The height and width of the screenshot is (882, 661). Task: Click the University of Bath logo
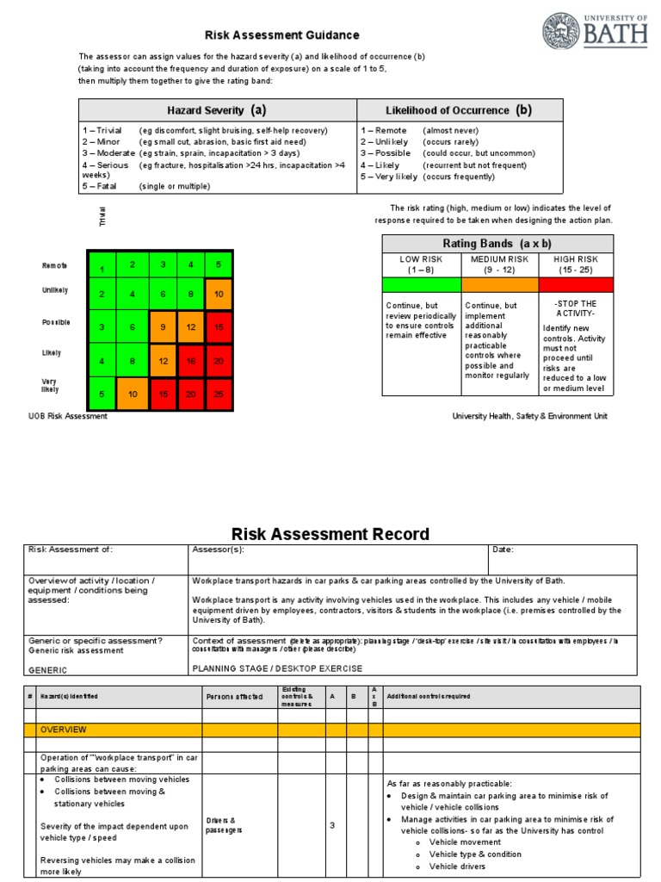pos(595,31)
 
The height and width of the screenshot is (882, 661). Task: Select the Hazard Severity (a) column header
pos(216,110)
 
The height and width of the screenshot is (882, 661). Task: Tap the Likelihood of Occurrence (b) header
pos(460,110)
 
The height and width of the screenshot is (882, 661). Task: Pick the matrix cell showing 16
pos(191,362)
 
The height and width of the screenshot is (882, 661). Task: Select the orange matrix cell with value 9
pos(162,328)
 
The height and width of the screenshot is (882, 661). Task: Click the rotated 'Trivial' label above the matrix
pos(102,216)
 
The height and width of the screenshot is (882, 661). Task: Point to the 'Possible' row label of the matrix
pos(56,322)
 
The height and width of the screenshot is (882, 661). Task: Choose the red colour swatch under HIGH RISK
pos(576,284)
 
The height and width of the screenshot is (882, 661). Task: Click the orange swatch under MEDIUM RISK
pos(499,284)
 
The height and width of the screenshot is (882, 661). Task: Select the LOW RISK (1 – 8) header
pos(421,264)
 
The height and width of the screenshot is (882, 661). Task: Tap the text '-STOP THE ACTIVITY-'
pos(576,309)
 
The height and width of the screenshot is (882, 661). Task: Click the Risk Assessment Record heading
pos(330,534)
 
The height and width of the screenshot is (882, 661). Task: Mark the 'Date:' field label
pos(503,550)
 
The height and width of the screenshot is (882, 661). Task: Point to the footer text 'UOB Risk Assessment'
pos(68,416)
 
